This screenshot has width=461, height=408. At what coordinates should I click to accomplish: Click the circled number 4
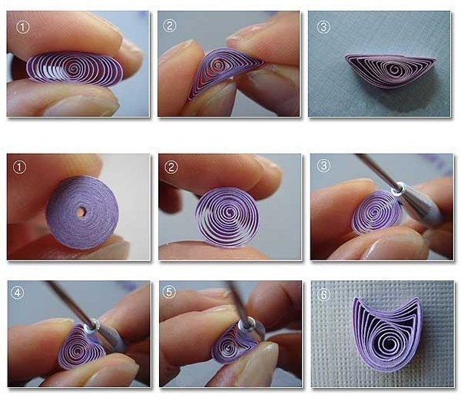(18, 293)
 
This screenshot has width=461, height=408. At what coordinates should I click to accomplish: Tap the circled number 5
(169, 292)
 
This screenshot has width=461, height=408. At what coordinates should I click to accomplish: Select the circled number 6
(323, 294)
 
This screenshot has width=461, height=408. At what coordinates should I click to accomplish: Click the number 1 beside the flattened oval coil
(23, 28)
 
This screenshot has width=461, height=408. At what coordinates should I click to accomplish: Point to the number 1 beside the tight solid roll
(19, 168)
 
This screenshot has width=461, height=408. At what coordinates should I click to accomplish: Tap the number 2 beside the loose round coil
(171, 168)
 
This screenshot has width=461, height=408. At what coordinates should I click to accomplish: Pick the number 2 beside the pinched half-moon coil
(169, 26)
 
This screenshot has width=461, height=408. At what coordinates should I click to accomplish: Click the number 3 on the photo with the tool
(323, 166)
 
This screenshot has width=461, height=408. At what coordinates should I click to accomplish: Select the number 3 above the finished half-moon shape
(323, 27)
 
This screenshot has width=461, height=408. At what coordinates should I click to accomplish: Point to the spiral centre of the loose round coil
(228, 217)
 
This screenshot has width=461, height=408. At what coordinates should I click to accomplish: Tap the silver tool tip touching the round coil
(397, 189)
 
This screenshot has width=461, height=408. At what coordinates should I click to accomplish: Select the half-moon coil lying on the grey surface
(390, 71)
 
